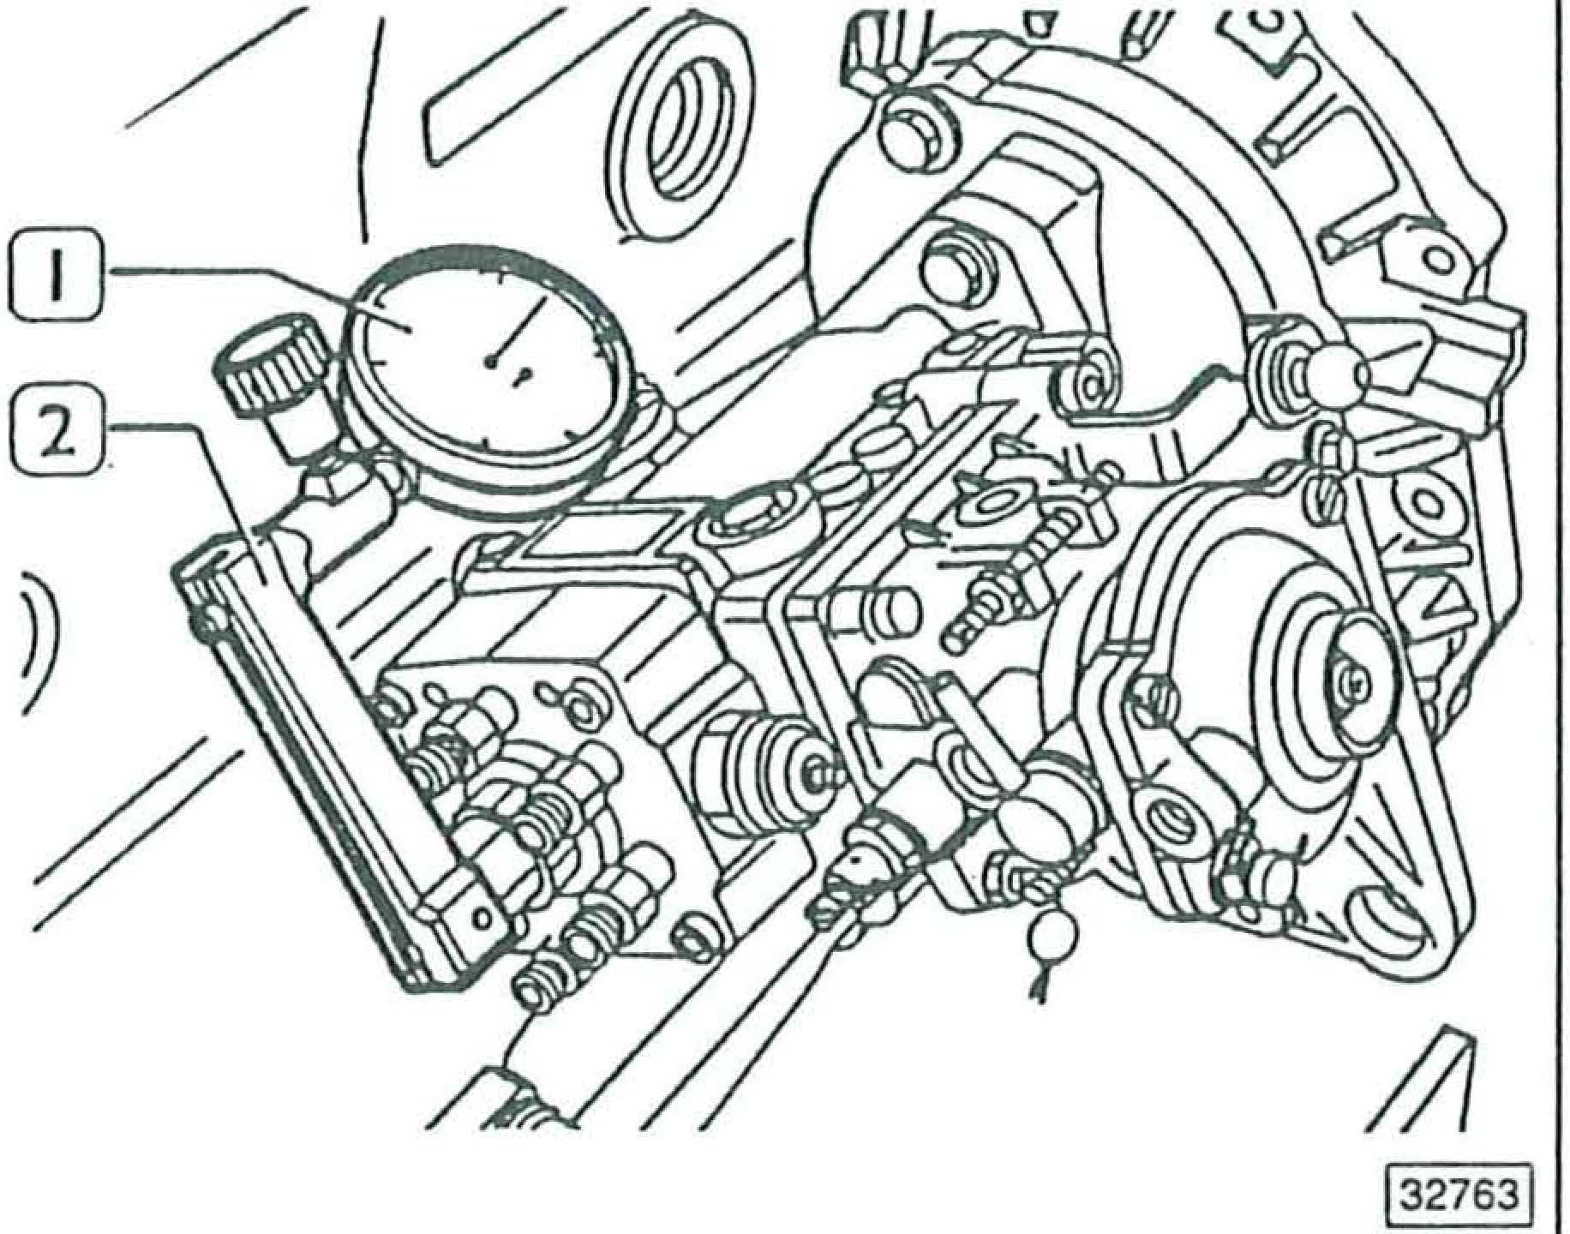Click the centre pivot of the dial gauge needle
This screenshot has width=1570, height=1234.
(x=490, y=362)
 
